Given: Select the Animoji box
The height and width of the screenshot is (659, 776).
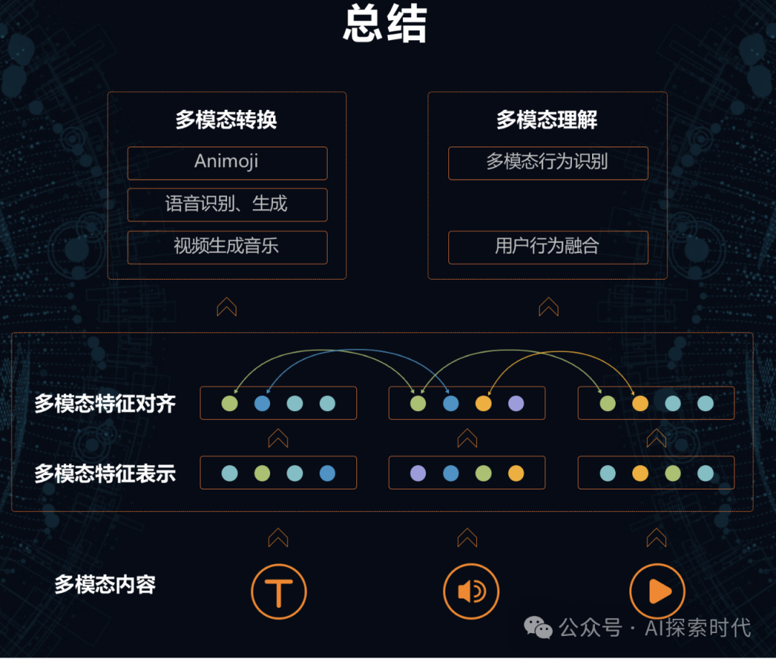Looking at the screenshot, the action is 227,162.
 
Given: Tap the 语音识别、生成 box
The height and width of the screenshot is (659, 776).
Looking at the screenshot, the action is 227,205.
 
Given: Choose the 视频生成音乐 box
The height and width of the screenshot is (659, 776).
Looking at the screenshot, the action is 227,247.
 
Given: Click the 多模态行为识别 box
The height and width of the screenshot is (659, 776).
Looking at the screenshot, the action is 548,162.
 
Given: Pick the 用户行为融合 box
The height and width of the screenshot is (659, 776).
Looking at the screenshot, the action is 548,247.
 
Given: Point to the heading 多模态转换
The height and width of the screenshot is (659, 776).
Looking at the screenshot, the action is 226,120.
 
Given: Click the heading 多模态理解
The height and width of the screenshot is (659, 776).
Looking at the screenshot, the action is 547,120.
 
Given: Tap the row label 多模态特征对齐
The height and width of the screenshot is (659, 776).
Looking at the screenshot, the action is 105,403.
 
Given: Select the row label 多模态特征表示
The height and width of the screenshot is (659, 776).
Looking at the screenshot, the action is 105,474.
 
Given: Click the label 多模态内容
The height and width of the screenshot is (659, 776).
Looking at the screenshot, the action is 105,584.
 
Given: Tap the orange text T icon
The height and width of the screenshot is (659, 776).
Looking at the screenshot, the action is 279,592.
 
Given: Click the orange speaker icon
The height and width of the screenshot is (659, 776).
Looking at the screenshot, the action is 471,592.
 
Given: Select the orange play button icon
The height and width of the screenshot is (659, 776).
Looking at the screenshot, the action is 657,592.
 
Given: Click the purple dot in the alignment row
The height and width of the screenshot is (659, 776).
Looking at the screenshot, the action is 516,403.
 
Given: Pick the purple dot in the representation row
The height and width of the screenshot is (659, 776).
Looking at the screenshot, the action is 417,473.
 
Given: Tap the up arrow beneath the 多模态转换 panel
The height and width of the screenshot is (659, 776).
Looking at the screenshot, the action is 226,307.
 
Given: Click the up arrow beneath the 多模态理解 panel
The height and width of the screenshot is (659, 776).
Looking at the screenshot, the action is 548,307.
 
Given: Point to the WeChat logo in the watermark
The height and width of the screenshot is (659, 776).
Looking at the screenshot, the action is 538,627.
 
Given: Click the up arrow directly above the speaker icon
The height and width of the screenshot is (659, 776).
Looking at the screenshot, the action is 467,537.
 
